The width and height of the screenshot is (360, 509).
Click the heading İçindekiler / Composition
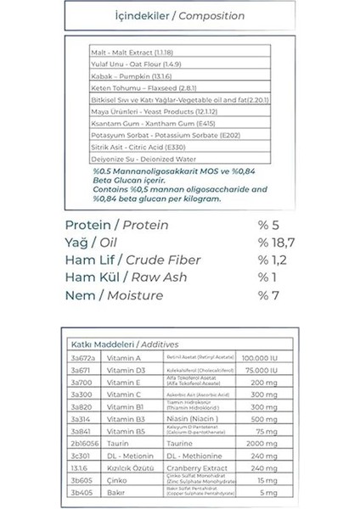(x=179, y=16)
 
